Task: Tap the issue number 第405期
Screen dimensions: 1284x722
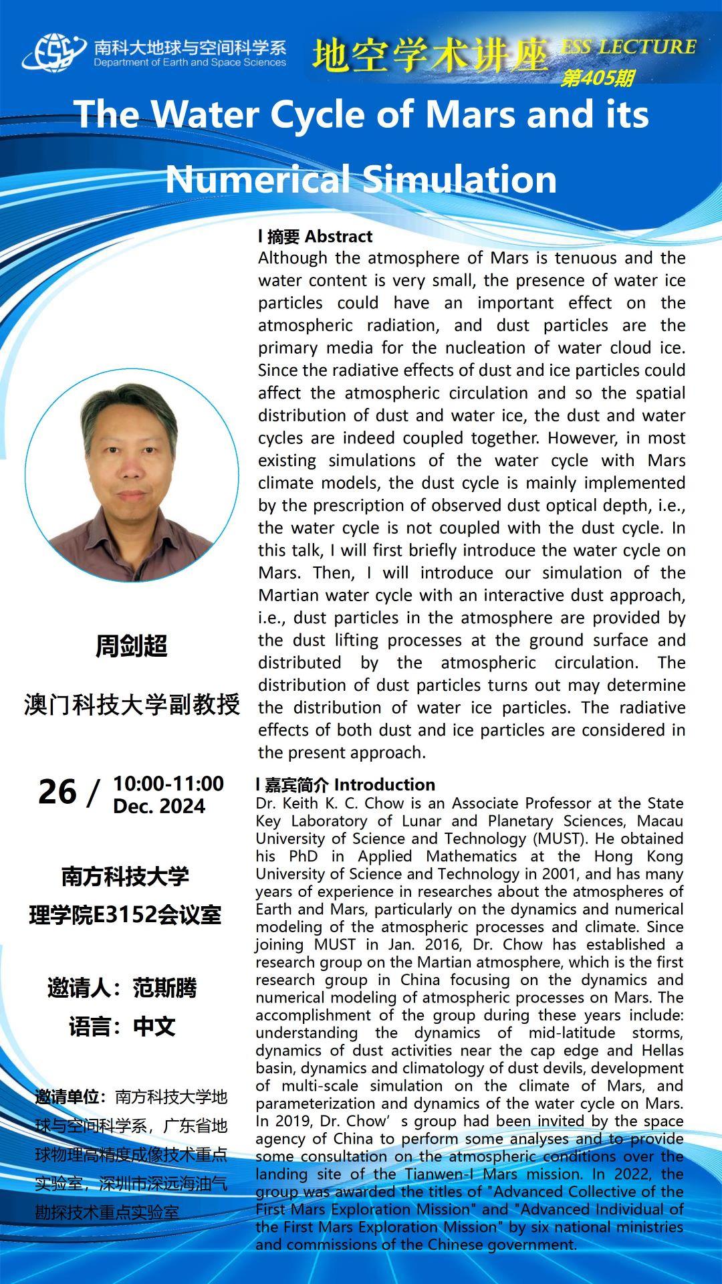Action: pos(597,78)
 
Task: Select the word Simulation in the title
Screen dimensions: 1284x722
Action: pos(460,179)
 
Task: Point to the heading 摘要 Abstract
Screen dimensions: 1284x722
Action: pos(316,236)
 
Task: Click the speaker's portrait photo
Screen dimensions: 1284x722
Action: pos(132,475)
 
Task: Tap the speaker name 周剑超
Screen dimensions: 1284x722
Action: pos(131,646)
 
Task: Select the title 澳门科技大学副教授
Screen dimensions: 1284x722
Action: pos(132,704)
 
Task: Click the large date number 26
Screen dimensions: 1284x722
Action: pos(57,792)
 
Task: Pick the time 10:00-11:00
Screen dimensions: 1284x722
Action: pos(168,783)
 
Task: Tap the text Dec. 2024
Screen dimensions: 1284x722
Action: pos(159,806)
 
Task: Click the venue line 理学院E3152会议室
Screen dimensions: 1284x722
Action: pos(125,915)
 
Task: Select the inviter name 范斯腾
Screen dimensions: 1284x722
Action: pos(164,988)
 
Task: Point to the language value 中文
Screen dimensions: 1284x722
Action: pos(154,1027)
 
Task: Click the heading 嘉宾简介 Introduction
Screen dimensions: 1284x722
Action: pos(346,784)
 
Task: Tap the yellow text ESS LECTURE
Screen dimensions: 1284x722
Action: pos(628,47)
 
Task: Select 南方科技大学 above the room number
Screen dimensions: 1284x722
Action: pos(125,876)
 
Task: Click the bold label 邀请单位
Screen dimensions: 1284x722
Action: pos(70,1097)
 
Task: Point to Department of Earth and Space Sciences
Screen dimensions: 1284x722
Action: pos(190,63)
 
